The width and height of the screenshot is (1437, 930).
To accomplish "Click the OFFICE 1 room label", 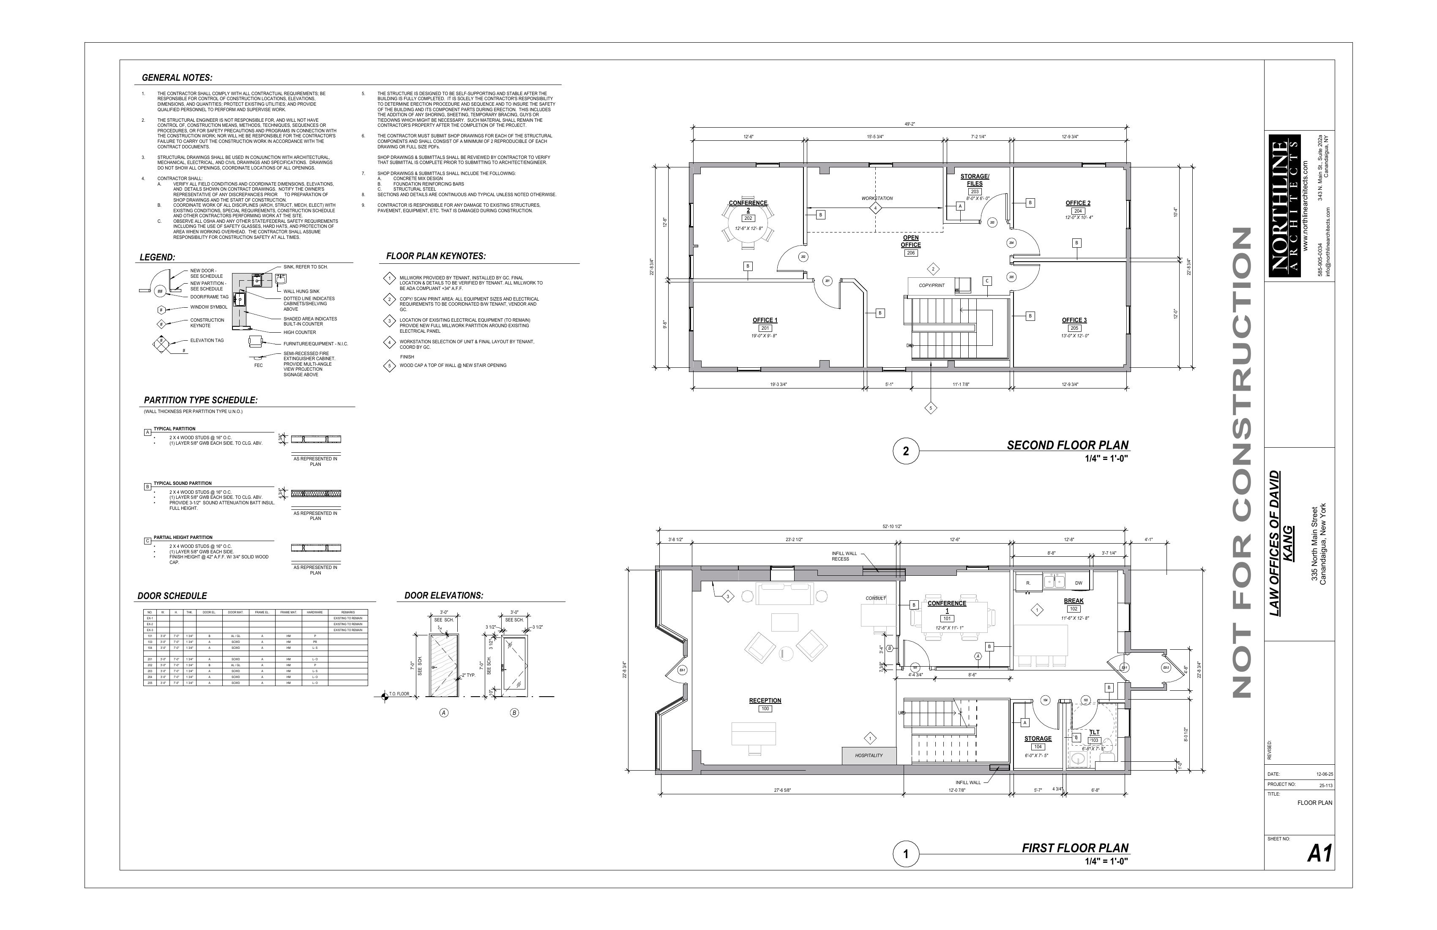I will (x=765, y=320).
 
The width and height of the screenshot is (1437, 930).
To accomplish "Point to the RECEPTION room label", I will (x=765, y=700).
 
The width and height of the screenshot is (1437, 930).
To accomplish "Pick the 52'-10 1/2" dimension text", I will (x=892, y=527).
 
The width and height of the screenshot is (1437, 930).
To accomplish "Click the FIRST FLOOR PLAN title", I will (x=1075, y=848).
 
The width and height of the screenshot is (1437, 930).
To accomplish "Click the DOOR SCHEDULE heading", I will (x=172, y=596).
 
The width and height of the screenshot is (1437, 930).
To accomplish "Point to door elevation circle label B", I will (x=514, y=713).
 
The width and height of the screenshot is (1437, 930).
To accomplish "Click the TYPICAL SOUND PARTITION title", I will (x=182, y=483).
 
